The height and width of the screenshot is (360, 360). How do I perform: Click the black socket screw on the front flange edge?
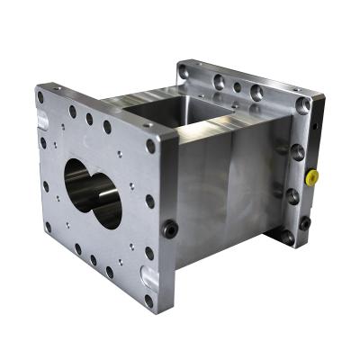pos(169,229)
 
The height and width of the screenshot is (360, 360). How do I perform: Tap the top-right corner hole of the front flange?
pos(148,143)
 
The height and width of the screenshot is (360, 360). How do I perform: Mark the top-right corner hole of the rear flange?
pos(303,105)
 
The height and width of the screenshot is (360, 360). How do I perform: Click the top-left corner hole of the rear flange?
pos(184,69)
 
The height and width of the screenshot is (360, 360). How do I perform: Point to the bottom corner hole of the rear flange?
pos(286,238)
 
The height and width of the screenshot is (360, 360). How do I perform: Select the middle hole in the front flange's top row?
pos(89,118)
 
